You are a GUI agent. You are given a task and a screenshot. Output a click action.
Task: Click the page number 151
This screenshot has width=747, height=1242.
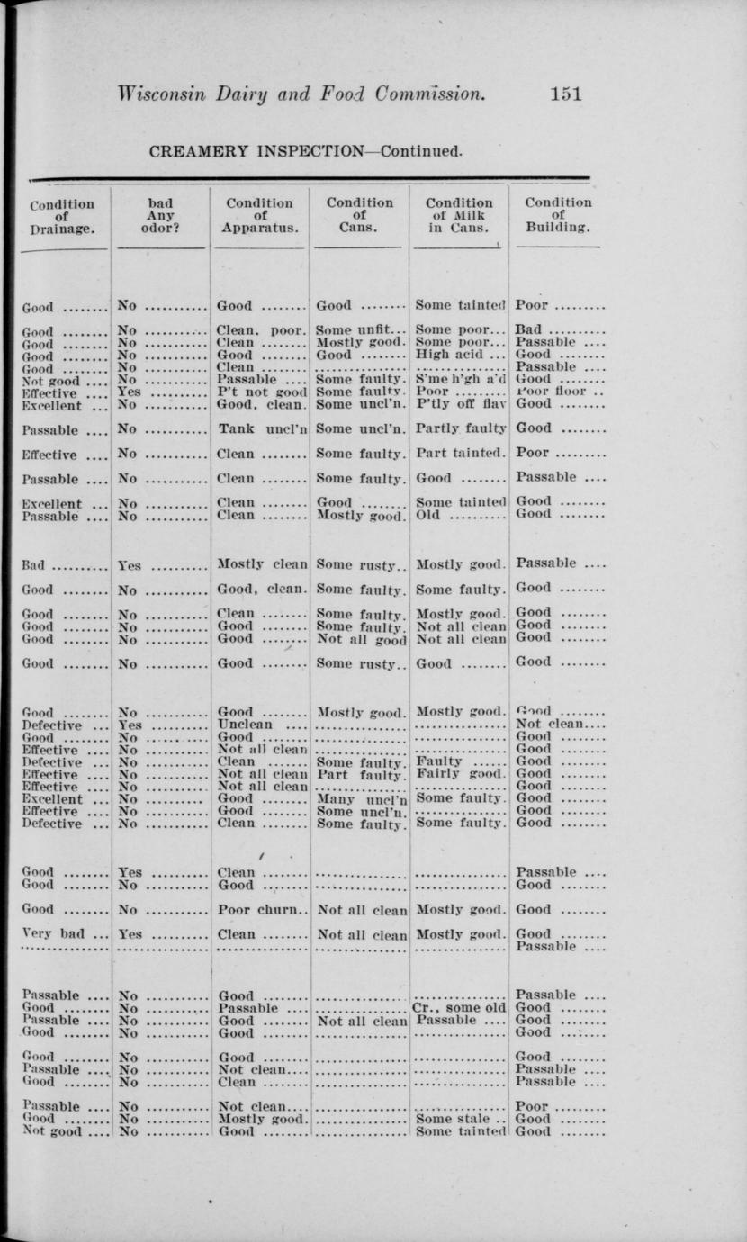(x=566, y=94)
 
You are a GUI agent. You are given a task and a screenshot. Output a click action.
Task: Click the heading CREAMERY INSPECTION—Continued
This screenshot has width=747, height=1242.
(x=306, y=150)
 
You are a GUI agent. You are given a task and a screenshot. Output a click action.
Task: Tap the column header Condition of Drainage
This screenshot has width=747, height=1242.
(x=61, y=216)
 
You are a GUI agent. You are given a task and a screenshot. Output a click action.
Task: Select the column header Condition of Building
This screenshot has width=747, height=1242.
(x=558, y=216)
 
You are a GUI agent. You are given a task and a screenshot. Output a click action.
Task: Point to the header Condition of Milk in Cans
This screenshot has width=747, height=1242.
(x=459, y=216)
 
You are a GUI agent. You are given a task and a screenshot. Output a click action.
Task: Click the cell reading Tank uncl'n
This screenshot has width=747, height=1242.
(x=262, y=430)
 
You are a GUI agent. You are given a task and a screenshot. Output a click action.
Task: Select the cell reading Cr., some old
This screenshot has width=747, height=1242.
(x=459, y=1008)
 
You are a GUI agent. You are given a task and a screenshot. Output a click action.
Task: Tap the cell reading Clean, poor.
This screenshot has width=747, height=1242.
(x=262, y=330)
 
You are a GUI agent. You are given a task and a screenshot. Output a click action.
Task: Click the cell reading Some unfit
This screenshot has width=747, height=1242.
(x=355, y=330)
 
